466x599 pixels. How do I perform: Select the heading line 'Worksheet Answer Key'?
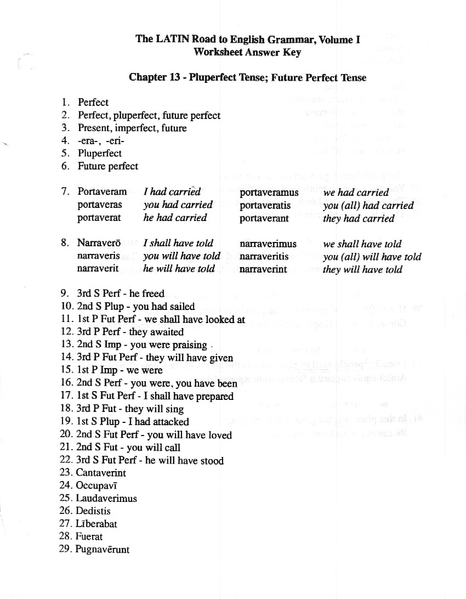click(247, 52)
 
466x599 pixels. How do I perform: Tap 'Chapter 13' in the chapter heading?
click(156, 77)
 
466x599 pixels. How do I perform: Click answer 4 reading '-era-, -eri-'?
click(101, 140)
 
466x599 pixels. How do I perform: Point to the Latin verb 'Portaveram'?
click(102, 191)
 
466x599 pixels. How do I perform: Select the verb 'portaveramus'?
click(269, 193)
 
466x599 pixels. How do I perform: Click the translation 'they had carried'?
click(359, 218)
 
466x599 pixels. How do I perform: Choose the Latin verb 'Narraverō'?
click(100, 243)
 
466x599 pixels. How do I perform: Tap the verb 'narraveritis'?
click(264, 257)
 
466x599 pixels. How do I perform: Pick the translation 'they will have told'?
click(362, 269)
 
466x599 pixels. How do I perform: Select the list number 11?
click(66, 319)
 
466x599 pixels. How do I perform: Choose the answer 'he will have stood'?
click(184, 461)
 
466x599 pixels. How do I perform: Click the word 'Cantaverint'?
click(101, 473)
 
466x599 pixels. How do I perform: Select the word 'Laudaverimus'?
click(106, 499)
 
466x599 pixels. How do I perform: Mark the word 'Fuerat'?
click(89, 536)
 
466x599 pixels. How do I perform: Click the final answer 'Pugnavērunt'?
click(103, 549)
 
